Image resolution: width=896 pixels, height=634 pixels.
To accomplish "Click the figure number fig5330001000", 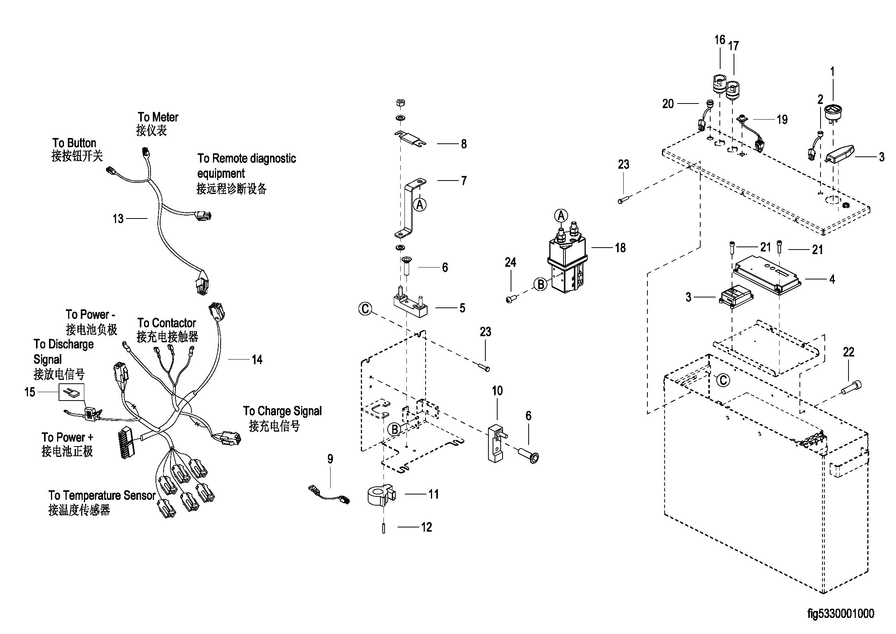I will (840, 613).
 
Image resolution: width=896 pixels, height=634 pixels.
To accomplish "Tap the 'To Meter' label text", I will (158, 117).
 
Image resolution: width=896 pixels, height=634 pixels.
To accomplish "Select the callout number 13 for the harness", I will (118, 218).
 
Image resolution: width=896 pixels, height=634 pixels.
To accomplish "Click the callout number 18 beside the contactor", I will (620, 248).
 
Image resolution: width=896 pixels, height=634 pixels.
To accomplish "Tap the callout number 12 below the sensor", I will (426, 527).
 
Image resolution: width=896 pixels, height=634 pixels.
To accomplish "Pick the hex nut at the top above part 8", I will (400, 103).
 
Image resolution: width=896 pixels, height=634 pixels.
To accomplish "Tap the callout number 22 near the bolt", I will (848, 352).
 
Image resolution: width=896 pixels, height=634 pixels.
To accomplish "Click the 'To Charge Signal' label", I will (282, 411).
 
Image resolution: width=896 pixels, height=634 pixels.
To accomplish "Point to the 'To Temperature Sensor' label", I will (102, 495).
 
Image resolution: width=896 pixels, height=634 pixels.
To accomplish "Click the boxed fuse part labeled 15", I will (71, 392).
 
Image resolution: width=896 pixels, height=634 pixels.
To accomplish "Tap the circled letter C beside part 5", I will (365, 309).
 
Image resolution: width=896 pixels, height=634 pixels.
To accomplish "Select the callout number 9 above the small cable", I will (330, 459).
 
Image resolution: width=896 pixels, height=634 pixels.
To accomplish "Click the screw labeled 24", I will (510, 299).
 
